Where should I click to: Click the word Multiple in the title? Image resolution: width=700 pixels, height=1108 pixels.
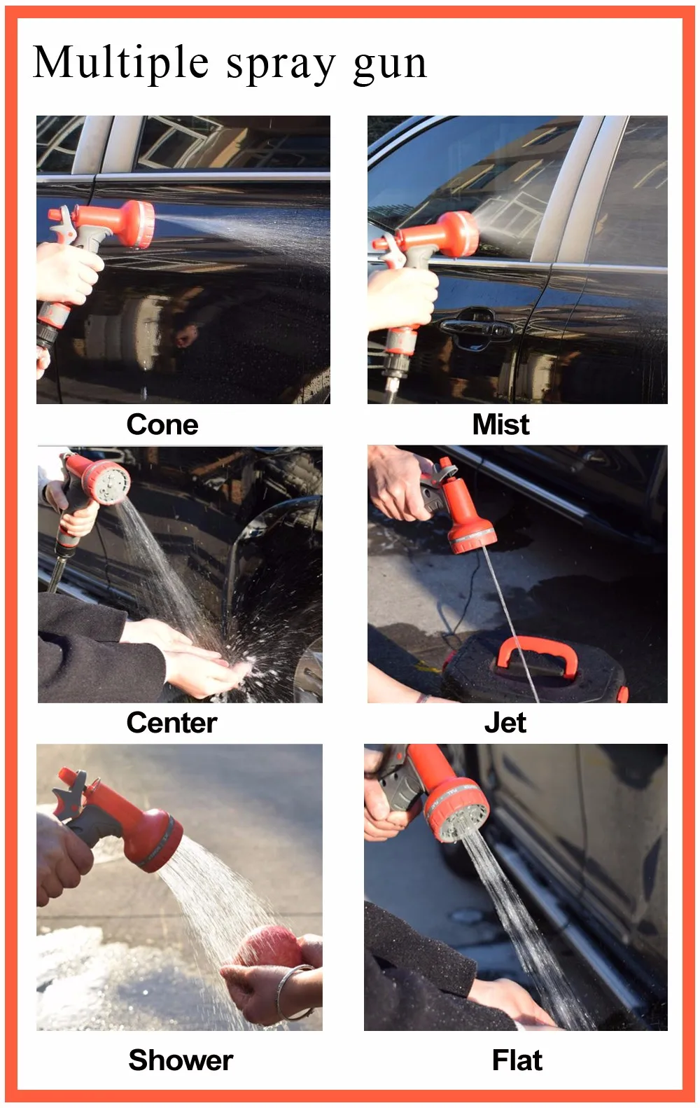[120, 63]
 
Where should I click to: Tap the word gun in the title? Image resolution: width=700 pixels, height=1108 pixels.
[390, 66]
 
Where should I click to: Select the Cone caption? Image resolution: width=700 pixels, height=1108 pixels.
[162, 424]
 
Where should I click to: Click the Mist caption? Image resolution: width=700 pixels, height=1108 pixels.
[500, 424]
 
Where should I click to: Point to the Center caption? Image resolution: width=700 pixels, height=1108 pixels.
[171, 723]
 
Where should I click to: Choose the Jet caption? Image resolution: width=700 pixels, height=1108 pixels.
[505, 723]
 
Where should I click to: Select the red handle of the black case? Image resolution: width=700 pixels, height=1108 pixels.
[536, 656]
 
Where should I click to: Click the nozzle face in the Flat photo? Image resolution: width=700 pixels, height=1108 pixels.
[461, 816]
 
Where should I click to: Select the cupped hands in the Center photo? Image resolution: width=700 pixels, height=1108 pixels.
[197, 660]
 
